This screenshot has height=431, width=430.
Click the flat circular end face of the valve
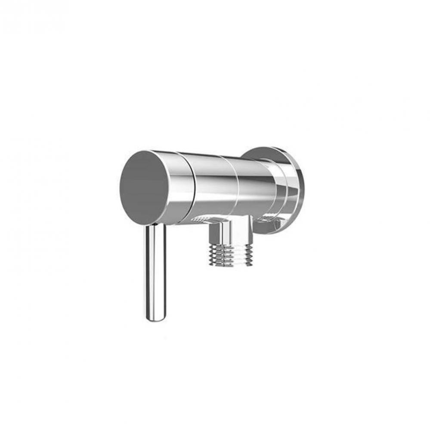click(145, 181)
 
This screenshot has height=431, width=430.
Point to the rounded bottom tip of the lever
click(155, 319)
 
